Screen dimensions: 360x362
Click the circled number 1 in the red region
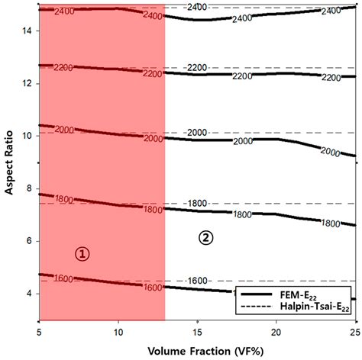pos(82,254)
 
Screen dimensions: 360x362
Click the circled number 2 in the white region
pos(206,237)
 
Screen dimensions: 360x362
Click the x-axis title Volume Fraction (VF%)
pos(197,350)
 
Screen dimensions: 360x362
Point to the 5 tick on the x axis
pos(39,333)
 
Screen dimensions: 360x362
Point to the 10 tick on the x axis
pos(117,333)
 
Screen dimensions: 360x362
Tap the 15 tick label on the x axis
pos(197,333)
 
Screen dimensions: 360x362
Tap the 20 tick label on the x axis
pos(276,333)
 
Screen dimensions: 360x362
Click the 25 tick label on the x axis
pos(355,333)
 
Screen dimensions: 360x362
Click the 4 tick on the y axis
pos(28,294)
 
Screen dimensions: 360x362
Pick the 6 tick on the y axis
pos(28,241)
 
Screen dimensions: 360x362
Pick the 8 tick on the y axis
pos(28,188)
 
